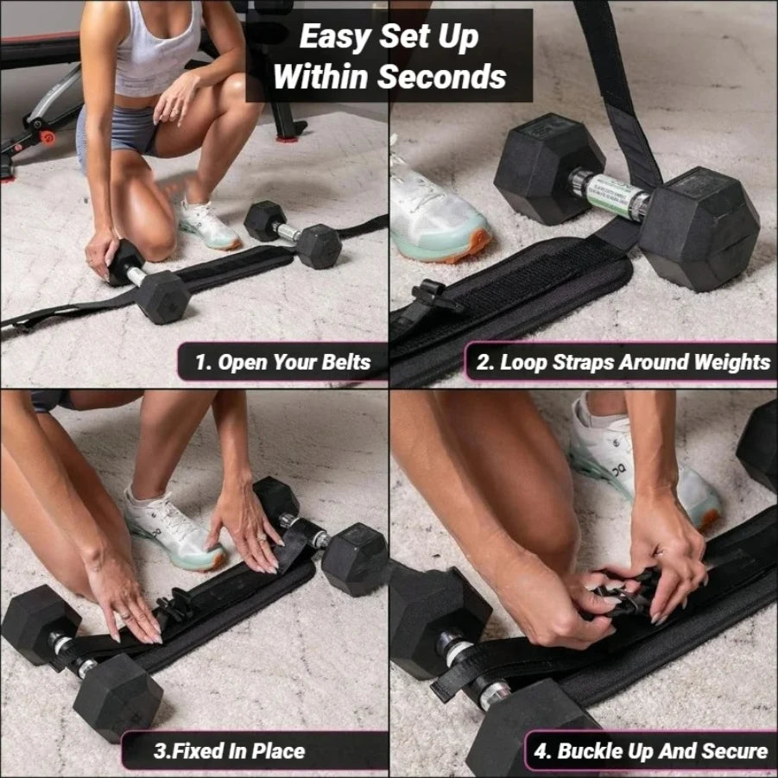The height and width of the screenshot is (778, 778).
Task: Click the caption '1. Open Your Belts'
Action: pos(282,362)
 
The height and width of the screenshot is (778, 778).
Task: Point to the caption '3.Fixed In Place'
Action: pos(229,750)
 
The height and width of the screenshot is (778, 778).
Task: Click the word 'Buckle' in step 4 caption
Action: pos(595,750)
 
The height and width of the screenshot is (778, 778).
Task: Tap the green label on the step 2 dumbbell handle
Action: pos(615,195)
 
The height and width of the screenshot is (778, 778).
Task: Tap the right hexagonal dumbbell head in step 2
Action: pos(699,228)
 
